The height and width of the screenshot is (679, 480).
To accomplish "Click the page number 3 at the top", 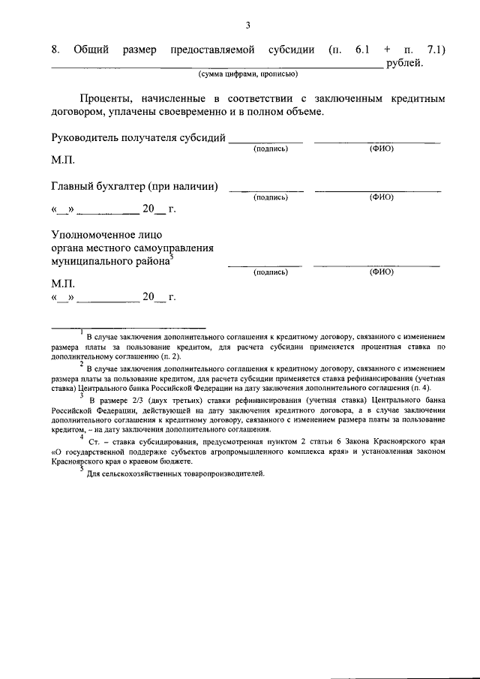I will click(x=247, y=27).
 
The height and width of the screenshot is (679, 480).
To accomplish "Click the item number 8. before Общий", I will click(x=56, y=50).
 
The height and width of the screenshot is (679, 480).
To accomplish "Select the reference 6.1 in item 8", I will click(x=362, y=50).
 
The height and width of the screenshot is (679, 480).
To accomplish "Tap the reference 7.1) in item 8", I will click(x=436, y=50).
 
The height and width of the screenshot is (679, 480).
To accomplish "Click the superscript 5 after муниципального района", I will click(x=171, y=257).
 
